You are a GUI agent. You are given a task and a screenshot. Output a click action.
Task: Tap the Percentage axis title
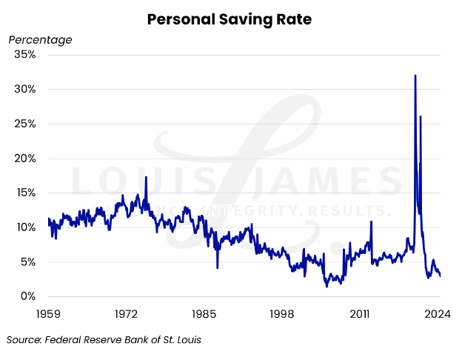tap(40, 39)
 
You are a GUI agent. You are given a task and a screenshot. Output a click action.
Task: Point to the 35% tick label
tap(24, 55)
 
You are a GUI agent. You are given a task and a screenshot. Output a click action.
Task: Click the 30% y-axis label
tap(24, 89)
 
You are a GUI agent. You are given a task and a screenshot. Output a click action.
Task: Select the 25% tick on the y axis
tap(24, 124)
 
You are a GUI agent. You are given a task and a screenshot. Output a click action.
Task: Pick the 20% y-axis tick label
tap(24, 159)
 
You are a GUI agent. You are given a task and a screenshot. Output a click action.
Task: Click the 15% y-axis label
tap(24, 193)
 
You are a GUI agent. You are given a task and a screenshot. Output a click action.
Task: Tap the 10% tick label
tap(24, 227)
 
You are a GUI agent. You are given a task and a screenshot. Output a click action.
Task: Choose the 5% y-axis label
tap(27, 261)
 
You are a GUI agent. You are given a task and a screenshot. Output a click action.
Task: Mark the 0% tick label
tap(27, 296)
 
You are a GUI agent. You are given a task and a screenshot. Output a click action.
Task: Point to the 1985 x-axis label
tap(204, 314)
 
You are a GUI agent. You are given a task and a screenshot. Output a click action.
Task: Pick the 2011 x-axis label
tap(361, 314)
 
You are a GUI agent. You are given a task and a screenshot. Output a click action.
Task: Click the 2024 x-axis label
tap(438, 314)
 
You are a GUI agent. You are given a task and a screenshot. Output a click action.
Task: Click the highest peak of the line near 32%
tap(415, 76)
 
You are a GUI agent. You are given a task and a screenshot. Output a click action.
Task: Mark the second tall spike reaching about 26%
tap(421, 116)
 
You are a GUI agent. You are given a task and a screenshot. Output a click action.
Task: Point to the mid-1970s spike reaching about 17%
tap(146, 177)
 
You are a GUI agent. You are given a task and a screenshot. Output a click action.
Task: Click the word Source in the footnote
tap(24, 340)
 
